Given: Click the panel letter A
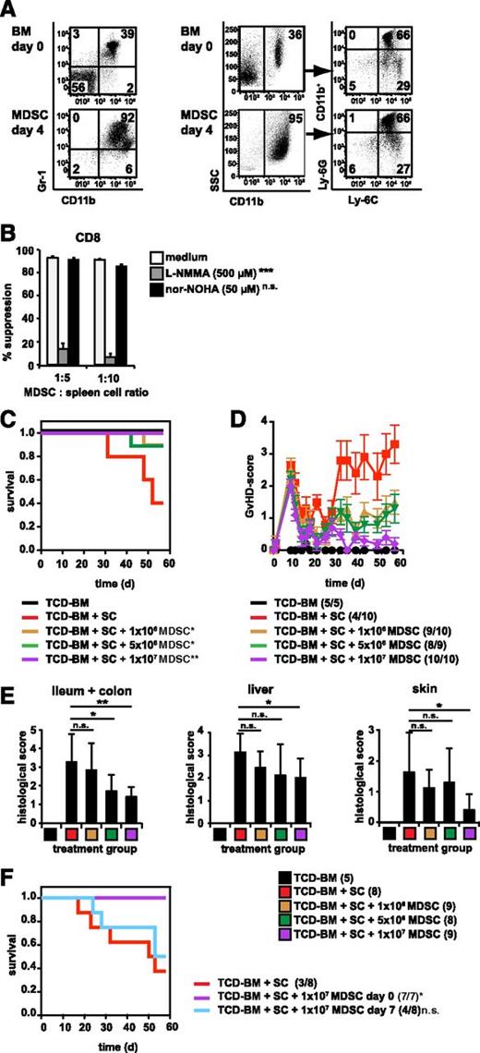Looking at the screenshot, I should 9,8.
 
